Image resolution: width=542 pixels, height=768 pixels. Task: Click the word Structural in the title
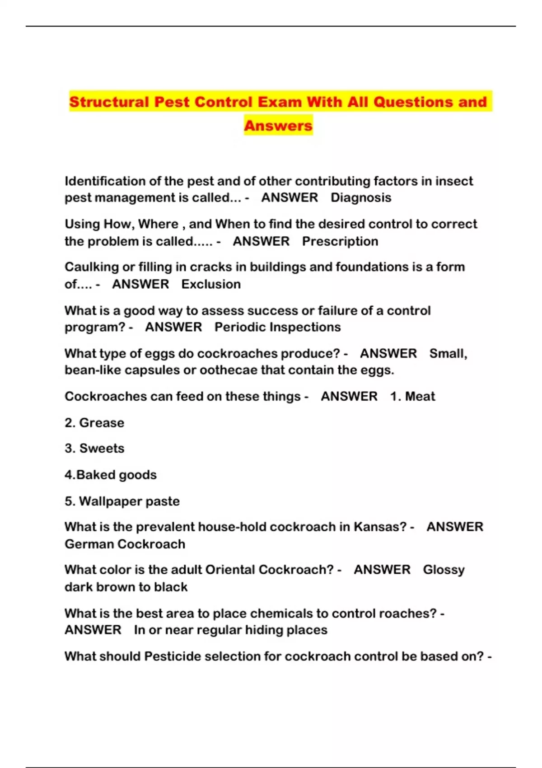point(109,102)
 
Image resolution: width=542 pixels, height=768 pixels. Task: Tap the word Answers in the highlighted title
point(278,126)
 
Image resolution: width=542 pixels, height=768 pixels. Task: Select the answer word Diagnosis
point(361,198)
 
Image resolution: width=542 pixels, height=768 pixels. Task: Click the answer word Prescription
point(340,241)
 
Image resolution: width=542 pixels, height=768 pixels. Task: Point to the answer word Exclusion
point(211,284)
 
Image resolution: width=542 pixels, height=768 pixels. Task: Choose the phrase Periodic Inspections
point(277,327)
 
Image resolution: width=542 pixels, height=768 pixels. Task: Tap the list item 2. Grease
point(94,423)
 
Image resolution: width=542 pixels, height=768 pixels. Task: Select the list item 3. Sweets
point(94,449)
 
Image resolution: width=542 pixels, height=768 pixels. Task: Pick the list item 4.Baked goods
point(111,475)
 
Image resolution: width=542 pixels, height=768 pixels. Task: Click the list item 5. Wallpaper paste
point(122,501)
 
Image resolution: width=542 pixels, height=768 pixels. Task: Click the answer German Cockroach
point(125,544)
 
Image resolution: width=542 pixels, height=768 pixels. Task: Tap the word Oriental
point(230,570)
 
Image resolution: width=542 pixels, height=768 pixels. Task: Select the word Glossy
point(444,570)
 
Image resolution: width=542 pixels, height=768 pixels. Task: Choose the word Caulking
point(91,267)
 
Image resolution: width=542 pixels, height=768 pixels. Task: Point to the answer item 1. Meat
point(413,396)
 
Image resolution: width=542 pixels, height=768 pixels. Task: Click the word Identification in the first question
point(105,181)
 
